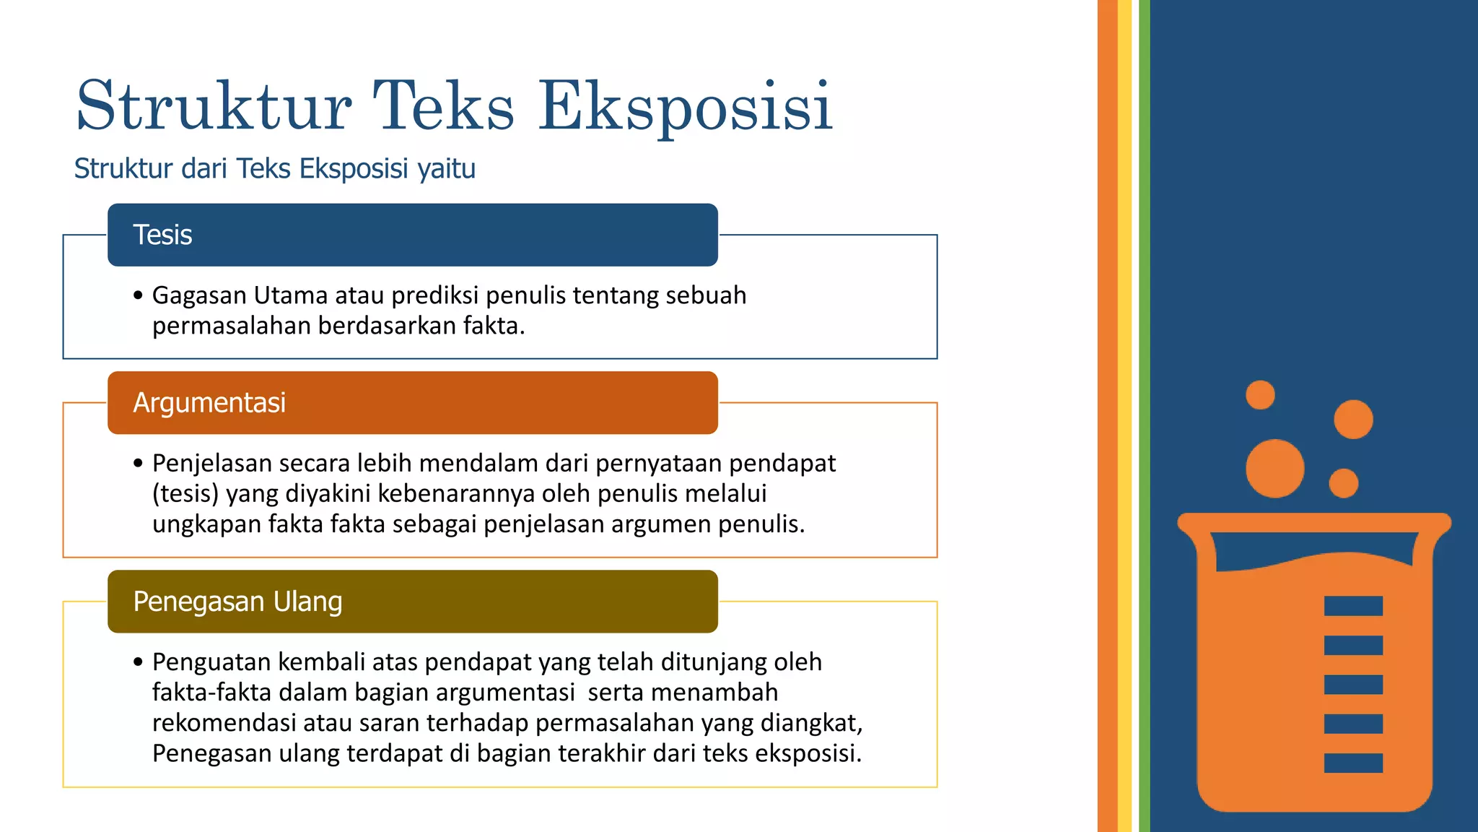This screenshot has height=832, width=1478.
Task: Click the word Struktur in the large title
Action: pos(214,107)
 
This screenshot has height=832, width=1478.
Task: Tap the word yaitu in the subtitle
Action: pos(447,169)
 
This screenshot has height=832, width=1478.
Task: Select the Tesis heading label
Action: pos(162,235)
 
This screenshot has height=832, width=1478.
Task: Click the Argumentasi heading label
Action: pos(209,403)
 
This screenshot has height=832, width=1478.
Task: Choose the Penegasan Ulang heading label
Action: pos(237,602)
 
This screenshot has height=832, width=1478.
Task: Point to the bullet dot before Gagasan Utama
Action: pos(139,296)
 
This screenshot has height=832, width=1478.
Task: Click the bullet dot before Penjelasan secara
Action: pos(139,464)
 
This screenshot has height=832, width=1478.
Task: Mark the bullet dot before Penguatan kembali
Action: pos(139,662)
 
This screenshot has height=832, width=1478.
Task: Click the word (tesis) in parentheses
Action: pos(185,494)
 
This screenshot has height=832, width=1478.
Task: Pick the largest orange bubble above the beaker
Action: pos(1274,469)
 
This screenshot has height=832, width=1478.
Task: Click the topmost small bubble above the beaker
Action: pos(1260,395)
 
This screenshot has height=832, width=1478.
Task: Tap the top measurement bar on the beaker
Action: pos(1353,606)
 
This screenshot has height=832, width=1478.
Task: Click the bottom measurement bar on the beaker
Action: pos(1353,763)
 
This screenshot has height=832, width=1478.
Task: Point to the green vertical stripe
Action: pos(1145,416)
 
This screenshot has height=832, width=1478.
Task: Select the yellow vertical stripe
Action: pos(1124,416)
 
